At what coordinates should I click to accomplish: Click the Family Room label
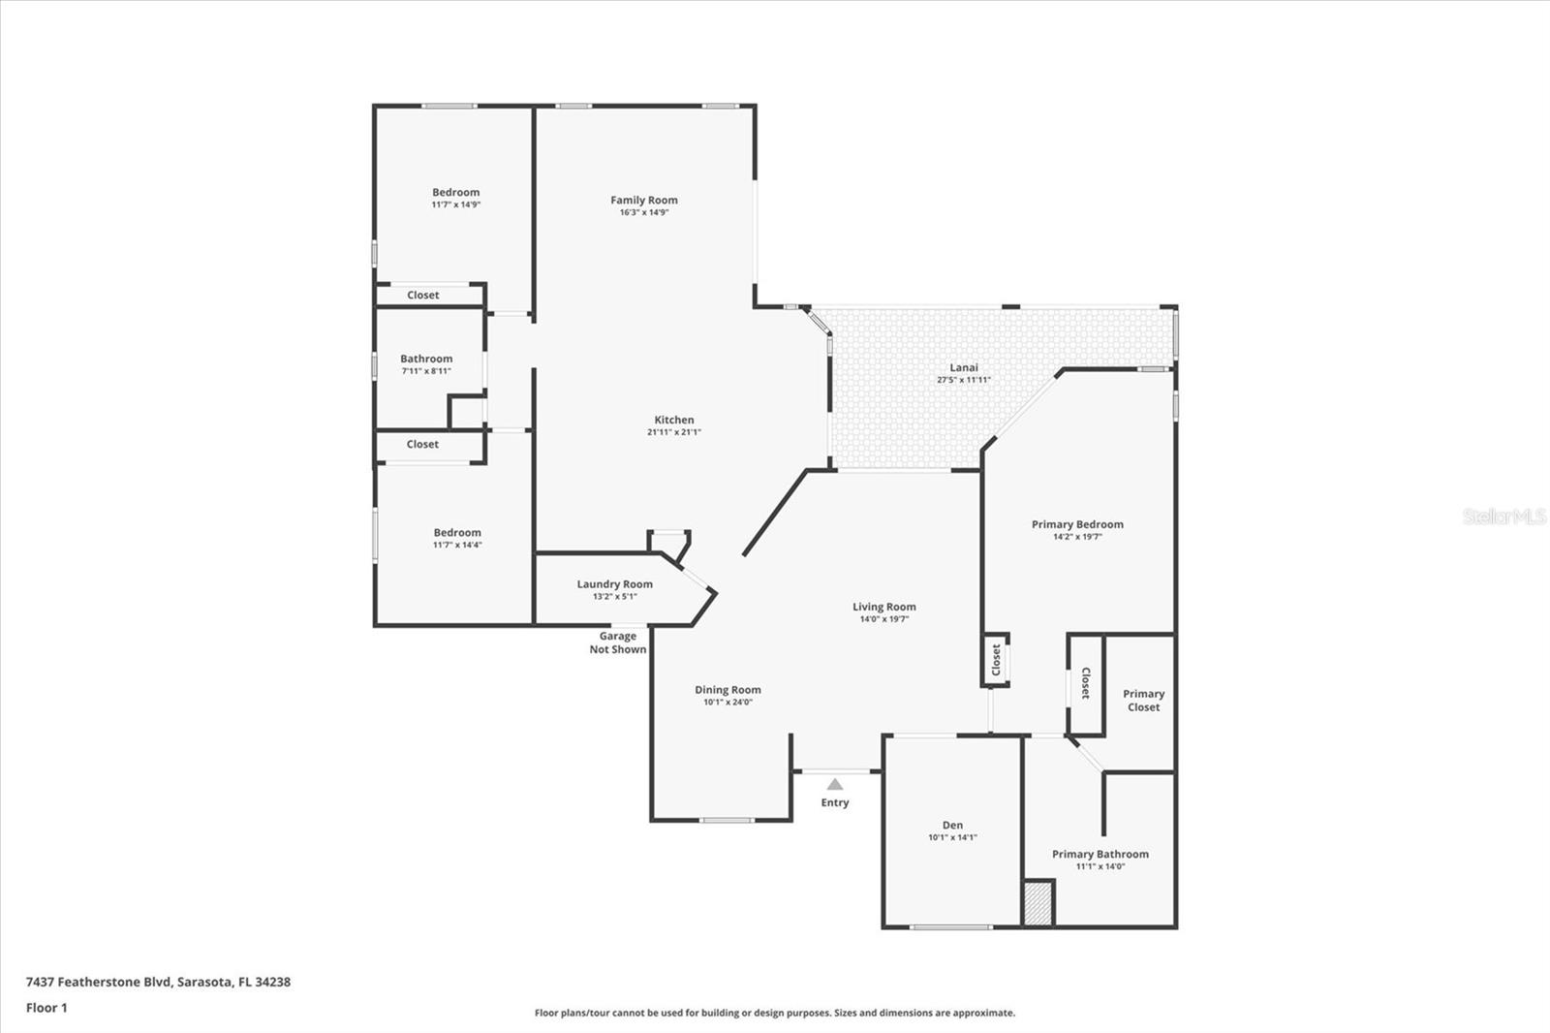coord(644,201)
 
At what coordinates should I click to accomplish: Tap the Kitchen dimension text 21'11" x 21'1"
coord(674,432)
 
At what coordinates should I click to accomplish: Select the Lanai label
coord(964,367)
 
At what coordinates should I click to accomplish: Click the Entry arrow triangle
coord(835,784)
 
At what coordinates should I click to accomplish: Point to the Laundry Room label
coord(615,584)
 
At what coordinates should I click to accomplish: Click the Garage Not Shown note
coord(618,643)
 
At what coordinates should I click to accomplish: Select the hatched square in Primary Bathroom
coord(1038,903)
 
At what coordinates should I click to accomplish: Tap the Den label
coord(952,826)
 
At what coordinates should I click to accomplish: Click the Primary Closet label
coord(1143,701)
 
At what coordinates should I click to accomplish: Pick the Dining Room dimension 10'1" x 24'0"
coord(728,703)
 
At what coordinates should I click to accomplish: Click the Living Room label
coord(883,608)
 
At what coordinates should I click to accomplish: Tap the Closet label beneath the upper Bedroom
coord(423,296)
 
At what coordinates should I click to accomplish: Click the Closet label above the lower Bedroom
coord(422,445)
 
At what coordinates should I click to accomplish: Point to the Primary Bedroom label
coord(1077,524)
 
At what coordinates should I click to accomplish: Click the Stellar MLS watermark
coord(1504,516)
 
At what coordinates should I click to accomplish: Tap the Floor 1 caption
coord(46,1008)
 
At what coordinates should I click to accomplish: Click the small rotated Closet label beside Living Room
coord(996,660)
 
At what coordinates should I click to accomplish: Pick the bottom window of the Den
coord(951,927)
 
